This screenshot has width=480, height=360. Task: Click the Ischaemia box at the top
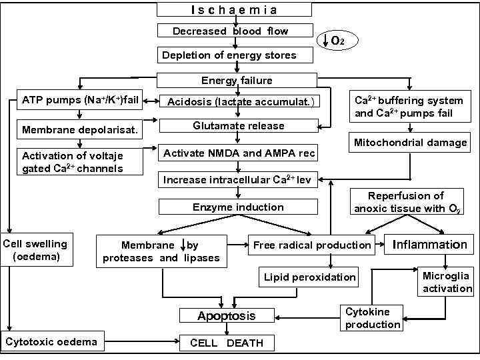(234, 9)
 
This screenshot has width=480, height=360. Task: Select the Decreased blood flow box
(231, 31)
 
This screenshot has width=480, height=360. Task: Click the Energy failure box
(237, 80)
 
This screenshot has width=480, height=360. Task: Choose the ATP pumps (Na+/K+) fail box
(80, 101)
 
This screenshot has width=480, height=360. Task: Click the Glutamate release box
(238, 126)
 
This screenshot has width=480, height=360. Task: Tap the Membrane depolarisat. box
(80, 129)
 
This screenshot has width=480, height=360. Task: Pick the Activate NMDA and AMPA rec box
(239, 153)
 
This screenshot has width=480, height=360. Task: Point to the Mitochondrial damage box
(410, 142)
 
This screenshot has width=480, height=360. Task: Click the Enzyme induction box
(238, 207)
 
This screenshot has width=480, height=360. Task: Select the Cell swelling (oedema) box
(35, 250)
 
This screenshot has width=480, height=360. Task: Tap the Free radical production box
(312, 245)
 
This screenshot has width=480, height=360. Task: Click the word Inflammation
(430, 245)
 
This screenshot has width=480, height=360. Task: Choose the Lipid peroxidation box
(309, 277)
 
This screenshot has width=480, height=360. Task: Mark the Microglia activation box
(446, 282)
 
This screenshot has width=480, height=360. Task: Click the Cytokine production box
(372, 318)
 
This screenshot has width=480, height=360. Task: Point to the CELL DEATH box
(227, 343)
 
